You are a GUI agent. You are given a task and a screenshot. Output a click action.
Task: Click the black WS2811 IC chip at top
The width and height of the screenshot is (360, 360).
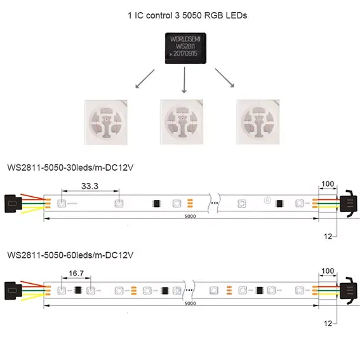coord(185,48)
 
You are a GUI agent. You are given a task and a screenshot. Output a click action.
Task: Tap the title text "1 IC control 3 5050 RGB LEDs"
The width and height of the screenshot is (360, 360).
coord(187,15)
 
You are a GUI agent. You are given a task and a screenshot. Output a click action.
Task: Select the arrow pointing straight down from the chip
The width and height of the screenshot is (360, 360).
coord(184,80)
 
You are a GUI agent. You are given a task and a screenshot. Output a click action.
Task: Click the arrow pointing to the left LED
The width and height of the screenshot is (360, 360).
coord(145,79)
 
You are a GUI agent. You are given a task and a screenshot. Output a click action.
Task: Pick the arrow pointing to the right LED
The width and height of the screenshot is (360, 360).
coord(225,78)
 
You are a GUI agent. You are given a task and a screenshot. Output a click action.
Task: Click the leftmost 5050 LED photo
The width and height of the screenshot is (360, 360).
coord(105,122)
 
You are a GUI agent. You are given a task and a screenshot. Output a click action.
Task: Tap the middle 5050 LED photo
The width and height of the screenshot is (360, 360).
coord(182,122)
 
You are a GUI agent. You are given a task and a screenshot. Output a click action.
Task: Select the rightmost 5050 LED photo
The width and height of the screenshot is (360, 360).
coord(258,122)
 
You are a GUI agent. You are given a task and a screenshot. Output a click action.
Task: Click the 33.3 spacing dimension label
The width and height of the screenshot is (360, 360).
coord(90,186)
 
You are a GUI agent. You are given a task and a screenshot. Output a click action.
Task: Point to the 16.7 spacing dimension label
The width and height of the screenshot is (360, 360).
coord(76,273)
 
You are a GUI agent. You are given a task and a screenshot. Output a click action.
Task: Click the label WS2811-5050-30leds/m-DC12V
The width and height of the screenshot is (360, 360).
coord(70,168)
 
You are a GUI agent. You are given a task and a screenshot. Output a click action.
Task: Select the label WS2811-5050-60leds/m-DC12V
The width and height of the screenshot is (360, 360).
coord(70,255)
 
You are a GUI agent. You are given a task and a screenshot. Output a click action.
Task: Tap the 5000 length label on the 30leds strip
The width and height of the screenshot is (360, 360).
coord(190,217)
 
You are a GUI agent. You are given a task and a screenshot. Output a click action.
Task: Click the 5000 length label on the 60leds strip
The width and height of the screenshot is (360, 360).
coord(190,303)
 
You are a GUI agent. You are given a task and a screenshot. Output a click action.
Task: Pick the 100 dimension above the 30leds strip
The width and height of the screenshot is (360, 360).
coord(328,184)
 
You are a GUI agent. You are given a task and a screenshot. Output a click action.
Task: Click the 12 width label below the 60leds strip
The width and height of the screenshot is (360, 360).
coord(328,324)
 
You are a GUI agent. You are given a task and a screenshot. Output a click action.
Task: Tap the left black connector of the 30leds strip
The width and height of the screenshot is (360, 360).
coord(13,204)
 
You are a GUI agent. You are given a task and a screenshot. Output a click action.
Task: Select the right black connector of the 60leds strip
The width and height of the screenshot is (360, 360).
coord(349,291)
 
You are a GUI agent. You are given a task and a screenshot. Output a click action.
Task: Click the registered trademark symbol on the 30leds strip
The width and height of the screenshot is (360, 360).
coord(267,201)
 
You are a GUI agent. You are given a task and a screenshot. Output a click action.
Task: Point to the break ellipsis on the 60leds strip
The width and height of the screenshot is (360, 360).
coord(189,290)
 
